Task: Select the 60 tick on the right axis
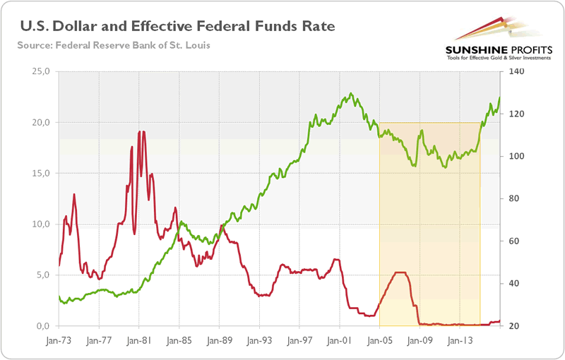[x=512, y=241]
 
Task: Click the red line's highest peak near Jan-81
[x=141, y=132]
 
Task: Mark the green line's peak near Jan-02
[x=350, y=93]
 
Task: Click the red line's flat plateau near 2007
[x=400, y=272]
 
